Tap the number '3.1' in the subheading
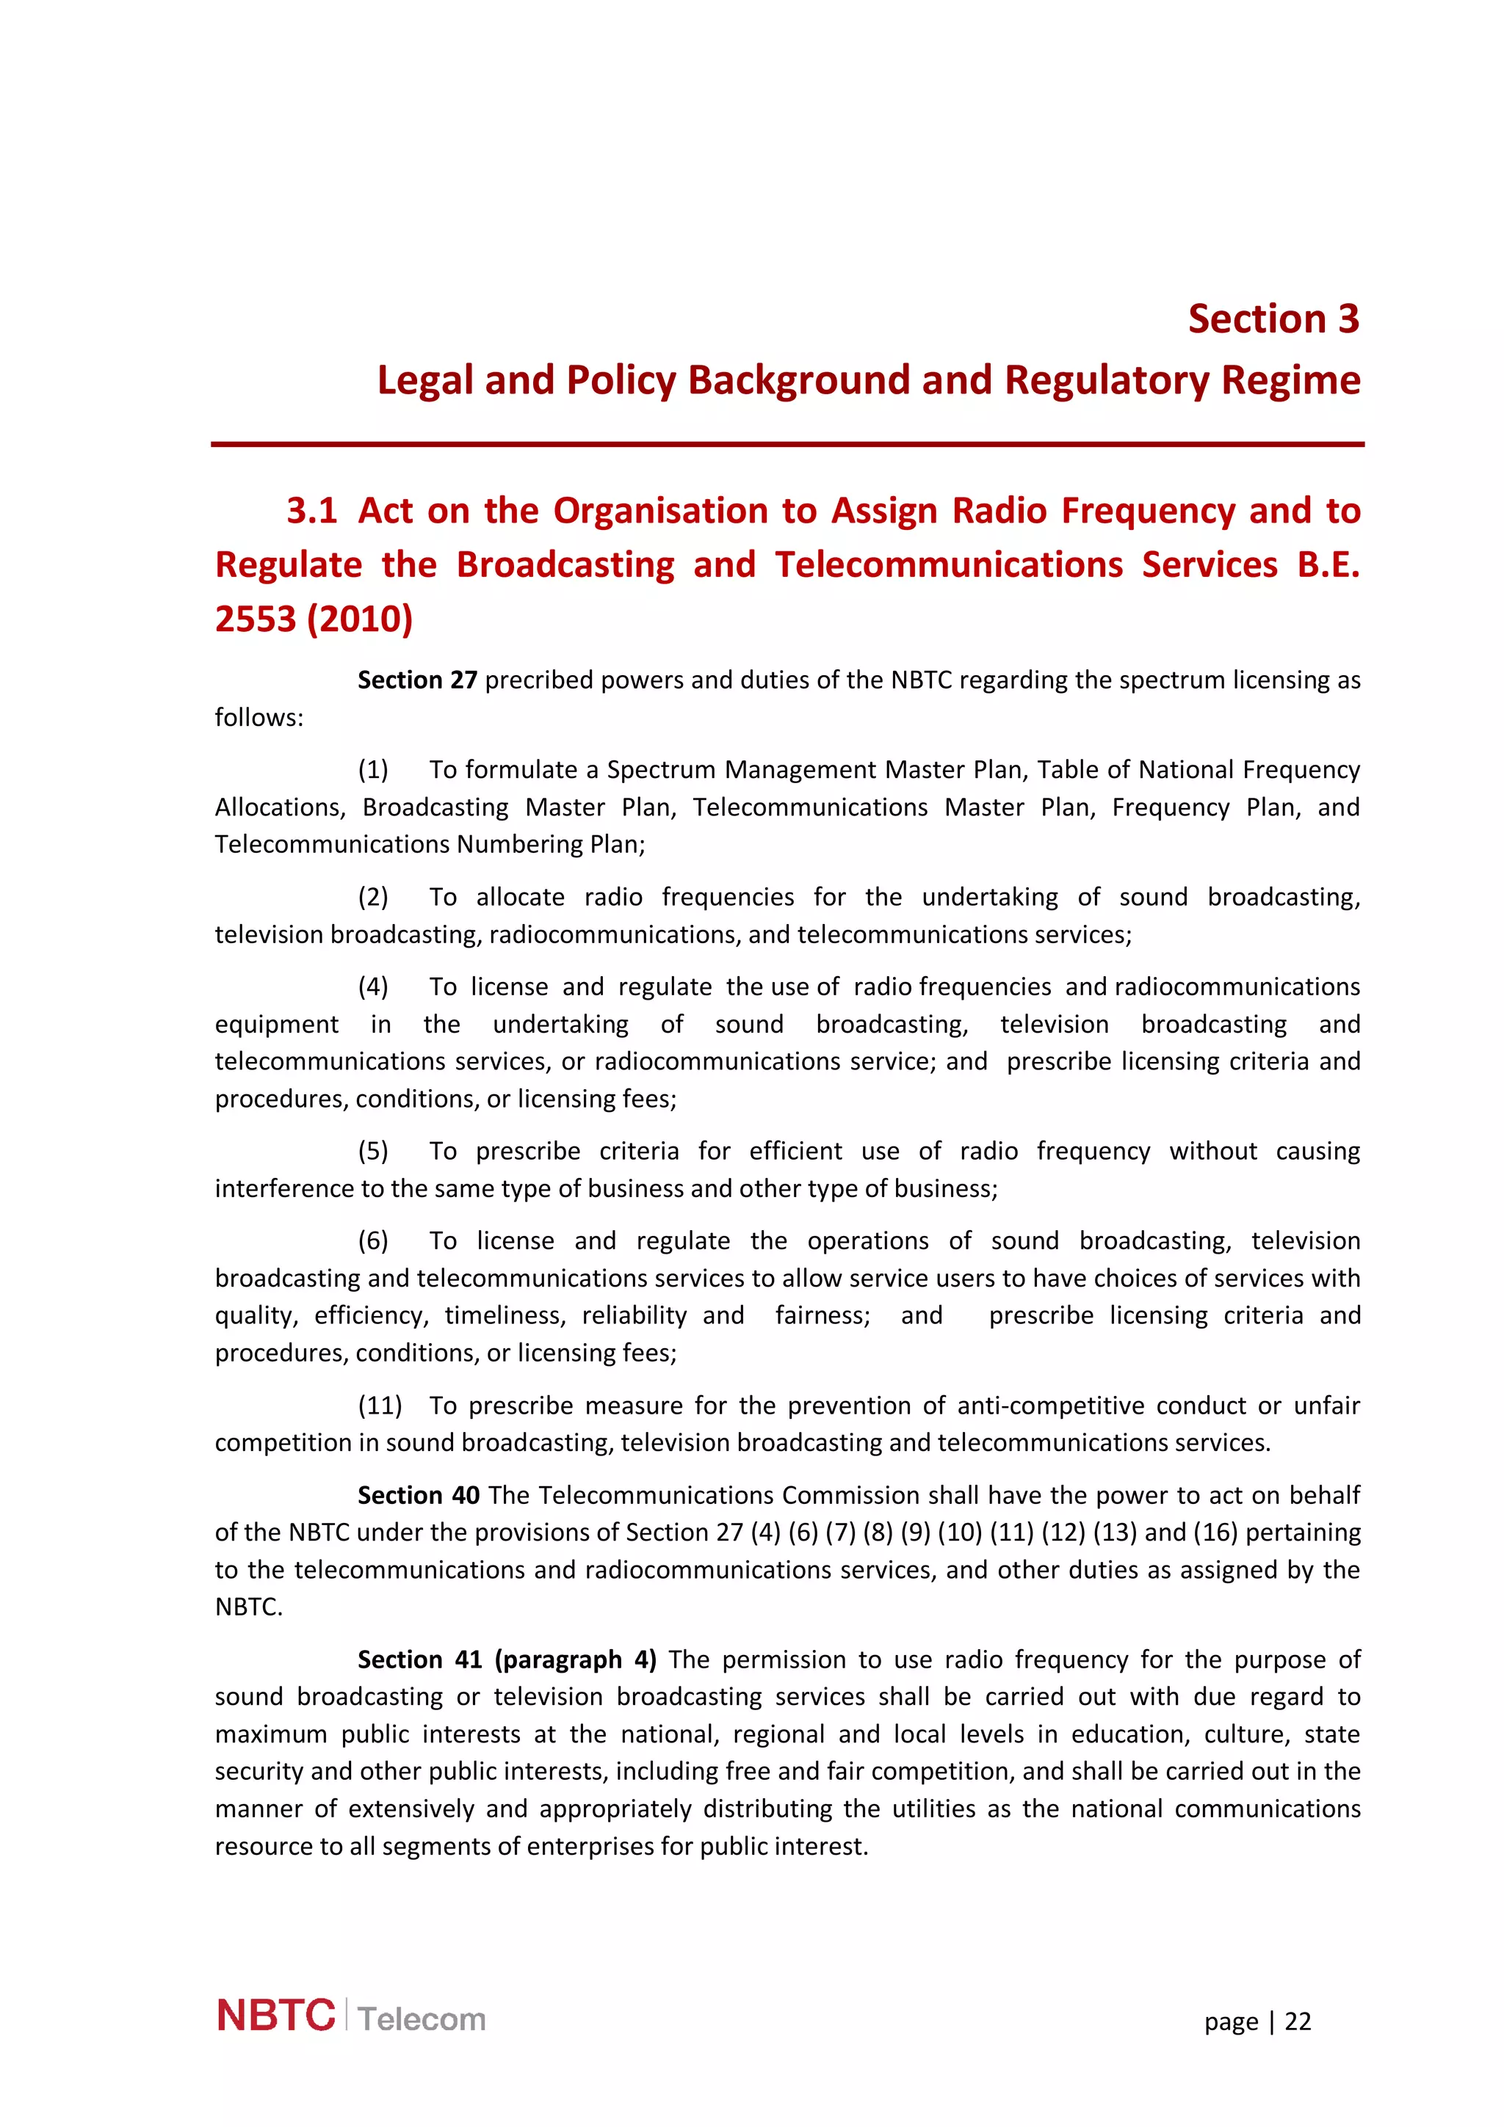pyautogui.click(x=311, y=510)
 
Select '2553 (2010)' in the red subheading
pyautogui.click(x=314, y=619)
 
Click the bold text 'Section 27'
pyautogui.click(x=417, y=680)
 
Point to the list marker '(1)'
pyautogui.click(x=374, y=770)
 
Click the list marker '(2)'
pyautogui.click(x=374, y=897)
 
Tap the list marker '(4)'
pyautogui.click(x=374, y=986)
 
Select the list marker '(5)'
pyautogui.click(x=374, y=1151)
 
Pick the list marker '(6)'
pyautogui.click(x=374, y=1240)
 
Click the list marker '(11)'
pyautogui.click(x=380, y=1406)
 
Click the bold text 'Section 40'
pyautogui.click(x=419, y=1495)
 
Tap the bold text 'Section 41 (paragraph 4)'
pyautogui.click(x=507, y=1659)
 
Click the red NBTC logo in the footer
pyautogui.click(x=275, y=2016)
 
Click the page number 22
pyautogui.click(x=1298, y=2021)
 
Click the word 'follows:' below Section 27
pyautogui.click(x=258, y=718)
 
